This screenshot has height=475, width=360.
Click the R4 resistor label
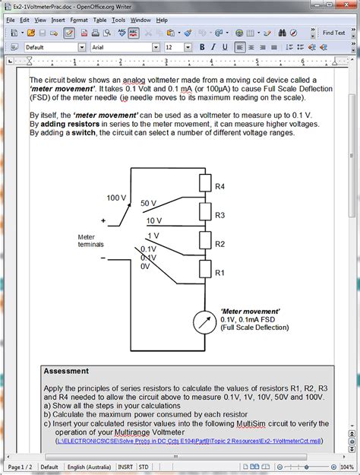219,186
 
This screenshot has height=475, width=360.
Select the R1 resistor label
219,272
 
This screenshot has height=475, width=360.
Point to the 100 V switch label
116,198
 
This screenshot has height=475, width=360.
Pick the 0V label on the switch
146,266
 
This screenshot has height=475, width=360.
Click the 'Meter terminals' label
92,241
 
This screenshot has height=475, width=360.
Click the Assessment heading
65,372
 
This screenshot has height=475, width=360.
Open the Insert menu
58,20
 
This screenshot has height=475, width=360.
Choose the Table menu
99,20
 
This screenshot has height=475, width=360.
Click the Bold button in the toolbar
203,47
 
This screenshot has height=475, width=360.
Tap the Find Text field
333,33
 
